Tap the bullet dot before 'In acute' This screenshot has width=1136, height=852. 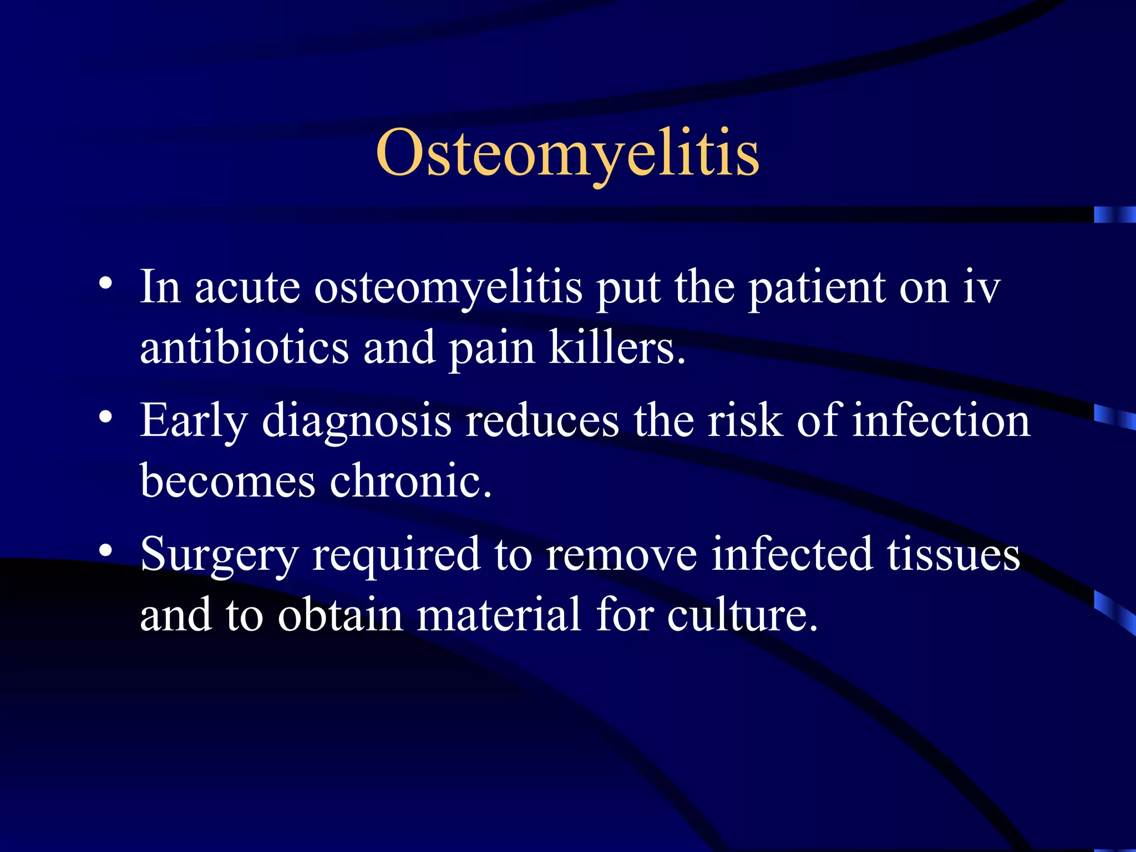[105, 285]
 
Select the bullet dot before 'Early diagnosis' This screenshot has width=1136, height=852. [105, 417]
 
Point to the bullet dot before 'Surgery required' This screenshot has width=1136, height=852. [105, 551]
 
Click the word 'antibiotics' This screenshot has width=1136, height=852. [245, 348]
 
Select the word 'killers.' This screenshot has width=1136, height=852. [617, 348]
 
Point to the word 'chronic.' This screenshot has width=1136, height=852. [410, 480]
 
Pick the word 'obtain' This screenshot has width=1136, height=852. [340, 615]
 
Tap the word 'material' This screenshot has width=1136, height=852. [499, 615]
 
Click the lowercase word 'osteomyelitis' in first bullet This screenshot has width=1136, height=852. [448, 290]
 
